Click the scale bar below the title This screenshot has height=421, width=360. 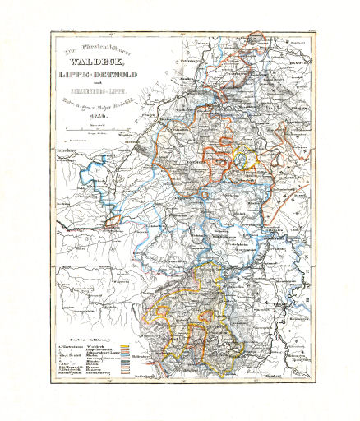click(x=82, y=134)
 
